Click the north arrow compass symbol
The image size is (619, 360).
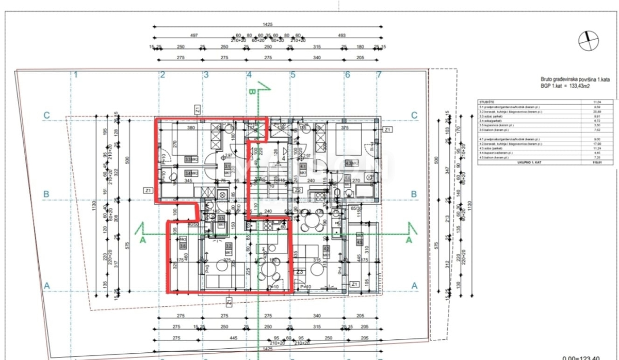pyautogui.click(x=588, y=41)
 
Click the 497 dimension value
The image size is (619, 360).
pyautogui.click(x=193, y=35)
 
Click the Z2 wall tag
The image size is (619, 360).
pyautogui.click(x=298, y=190)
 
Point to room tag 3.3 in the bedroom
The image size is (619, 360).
pyautogui.click(x=189, y=160)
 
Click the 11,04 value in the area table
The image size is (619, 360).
pyautogui.click(x=598, y=103)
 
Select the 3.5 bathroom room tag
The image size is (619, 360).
pyautogui.click(x=221, y=219)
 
